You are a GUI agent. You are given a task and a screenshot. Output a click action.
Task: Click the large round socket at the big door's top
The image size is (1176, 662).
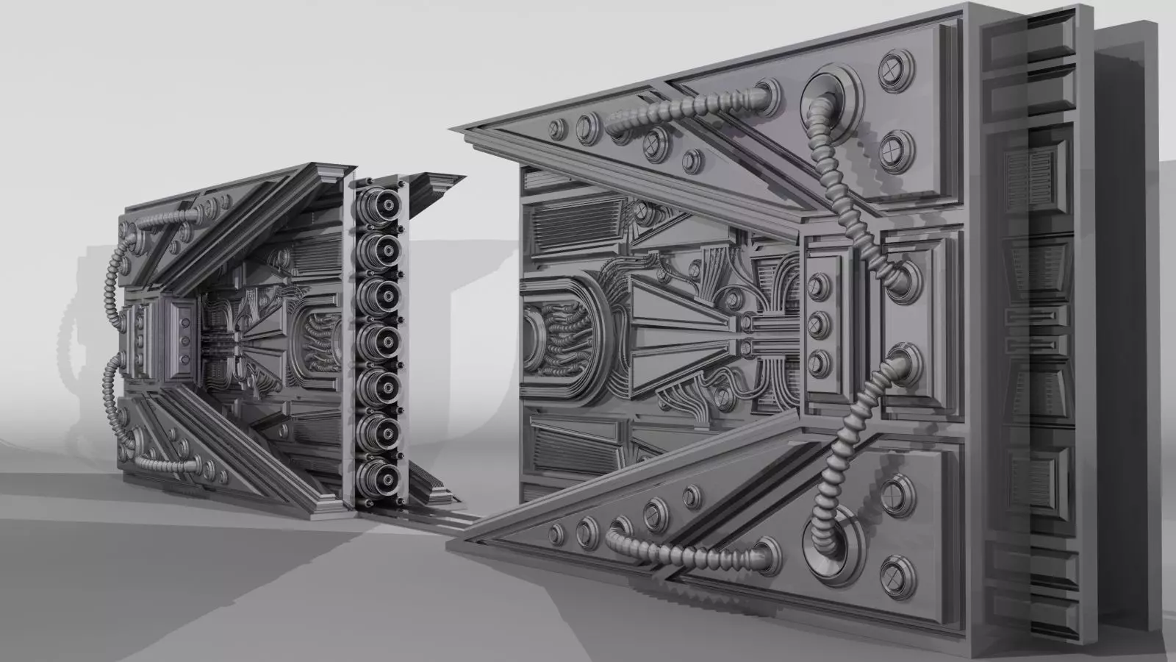pos(833,96)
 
